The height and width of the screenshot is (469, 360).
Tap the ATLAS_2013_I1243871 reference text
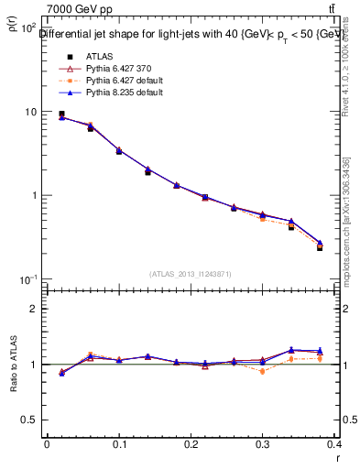tap(190, 274)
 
